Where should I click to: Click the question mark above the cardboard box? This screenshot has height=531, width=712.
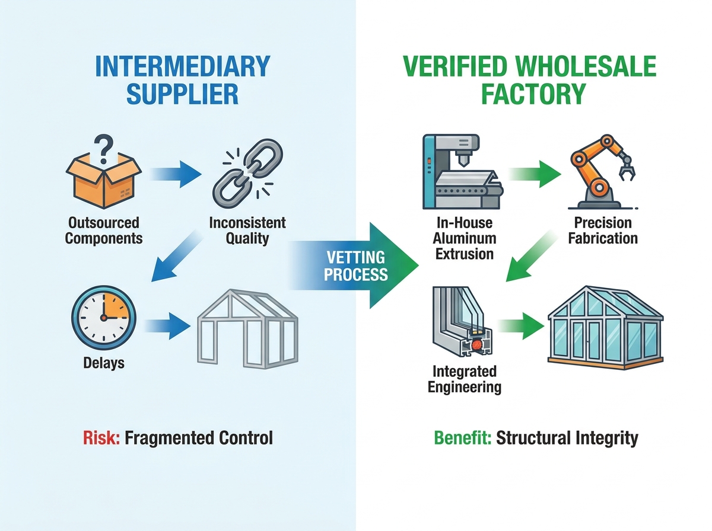103,149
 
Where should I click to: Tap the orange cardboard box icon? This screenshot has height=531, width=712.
103,181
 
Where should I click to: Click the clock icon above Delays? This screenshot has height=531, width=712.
104,318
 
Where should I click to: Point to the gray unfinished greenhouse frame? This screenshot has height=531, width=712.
247,329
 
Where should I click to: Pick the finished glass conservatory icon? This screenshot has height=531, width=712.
605,328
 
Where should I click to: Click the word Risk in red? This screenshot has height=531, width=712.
101,438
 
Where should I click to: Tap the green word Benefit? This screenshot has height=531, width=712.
463,438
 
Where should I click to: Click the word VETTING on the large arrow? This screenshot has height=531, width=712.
356,258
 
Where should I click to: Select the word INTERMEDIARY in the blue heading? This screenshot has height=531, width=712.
183,66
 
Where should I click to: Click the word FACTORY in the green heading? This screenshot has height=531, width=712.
533,94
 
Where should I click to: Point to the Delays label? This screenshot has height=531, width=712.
104,363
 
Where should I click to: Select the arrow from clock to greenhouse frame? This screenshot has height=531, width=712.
167,326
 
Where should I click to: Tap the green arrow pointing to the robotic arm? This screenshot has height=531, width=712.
535,174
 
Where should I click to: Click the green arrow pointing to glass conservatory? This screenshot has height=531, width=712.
520,326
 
